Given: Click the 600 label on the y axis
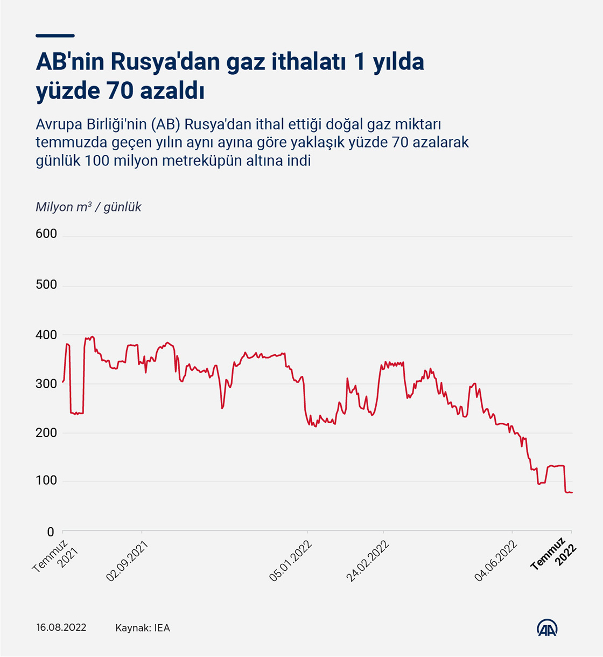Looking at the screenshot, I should (x=46, y=234).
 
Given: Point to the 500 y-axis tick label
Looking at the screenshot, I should (x=46, y=284).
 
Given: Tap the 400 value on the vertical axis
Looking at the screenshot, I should (x=46, y=335).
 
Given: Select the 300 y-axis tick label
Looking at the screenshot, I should (x=46, y=384).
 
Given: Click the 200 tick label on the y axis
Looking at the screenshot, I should (x=46, y=432).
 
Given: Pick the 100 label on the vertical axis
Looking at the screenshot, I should (x=46, y=480).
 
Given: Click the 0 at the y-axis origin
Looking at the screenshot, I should (x=51, y=532).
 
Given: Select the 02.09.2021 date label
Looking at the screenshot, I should (x=127, y=561).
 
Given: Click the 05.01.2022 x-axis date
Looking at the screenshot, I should (x=291, y=561).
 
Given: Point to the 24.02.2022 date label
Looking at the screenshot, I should (x=368, y=561).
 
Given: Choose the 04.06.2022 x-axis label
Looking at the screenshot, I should (x=496, y=561).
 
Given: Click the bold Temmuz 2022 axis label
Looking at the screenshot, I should (x=554, y=555).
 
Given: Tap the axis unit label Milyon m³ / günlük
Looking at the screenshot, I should (x=89, y=207).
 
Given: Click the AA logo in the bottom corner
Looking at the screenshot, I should (x=547, y=628).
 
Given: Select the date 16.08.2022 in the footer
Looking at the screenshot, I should (x=61, y=628).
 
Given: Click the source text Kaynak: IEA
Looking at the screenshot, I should (x=143, y=628).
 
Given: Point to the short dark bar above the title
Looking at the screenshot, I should (x=55, y=36).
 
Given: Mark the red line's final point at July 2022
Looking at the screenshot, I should (x=572, y=492).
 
